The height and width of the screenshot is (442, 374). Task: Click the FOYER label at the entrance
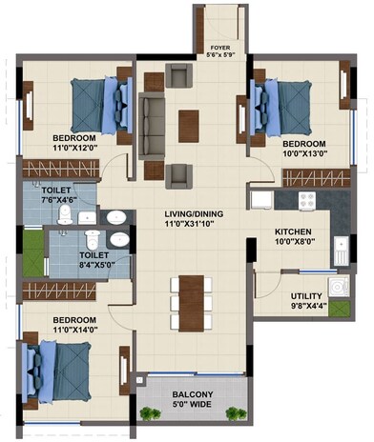(x=220, y=46)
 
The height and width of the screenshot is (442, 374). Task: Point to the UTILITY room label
(x=307, y=295)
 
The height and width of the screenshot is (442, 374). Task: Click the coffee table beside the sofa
(x=190, y=122)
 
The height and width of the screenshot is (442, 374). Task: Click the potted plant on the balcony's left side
(x=148, y=412)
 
